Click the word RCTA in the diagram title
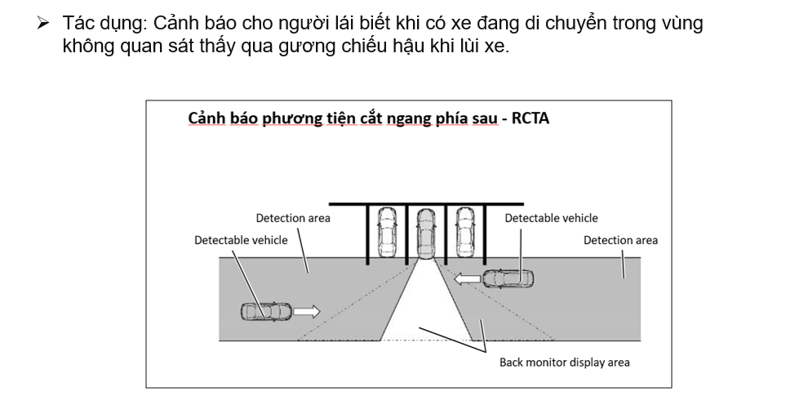(531, 118)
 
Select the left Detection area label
(293, 218)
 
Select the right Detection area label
(620, 240)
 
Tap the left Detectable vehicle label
(241, 240)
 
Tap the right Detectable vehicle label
(551, 218)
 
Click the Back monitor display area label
(564, 363)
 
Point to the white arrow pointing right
(306, 311)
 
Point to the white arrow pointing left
(468, 279)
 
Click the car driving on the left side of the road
(266, 311)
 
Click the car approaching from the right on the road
(508, 278)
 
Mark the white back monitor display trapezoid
(425, 310)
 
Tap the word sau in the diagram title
(481, 118)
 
